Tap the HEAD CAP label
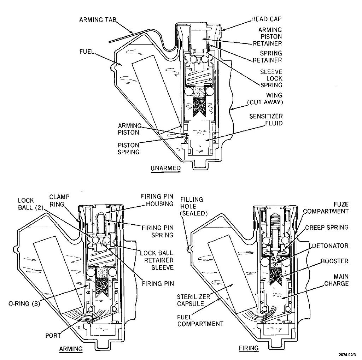(267, 18)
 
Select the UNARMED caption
(165, 169)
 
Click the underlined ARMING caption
(71, 349)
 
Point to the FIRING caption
(249, 348)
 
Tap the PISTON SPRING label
(129, 148)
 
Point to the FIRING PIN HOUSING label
(157, 200)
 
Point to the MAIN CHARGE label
(336, 280)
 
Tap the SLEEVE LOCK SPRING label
(271, 78)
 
